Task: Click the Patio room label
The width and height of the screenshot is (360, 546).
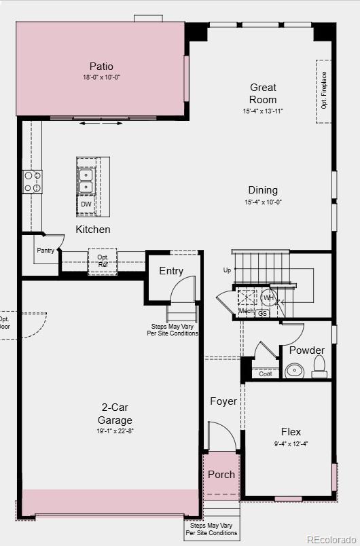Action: (x=101, y=67)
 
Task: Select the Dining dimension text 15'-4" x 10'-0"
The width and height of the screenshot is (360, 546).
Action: (x=263, y=202)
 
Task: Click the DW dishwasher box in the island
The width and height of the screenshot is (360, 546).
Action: (x=86, y=204)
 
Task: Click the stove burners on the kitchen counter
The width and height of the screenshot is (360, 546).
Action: (x=33, y=181)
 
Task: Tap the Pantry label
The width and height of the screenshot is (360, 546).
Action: (x=46, y=251)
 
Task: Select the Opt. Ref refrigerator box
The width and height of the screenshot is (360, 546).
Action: (x=103, y=261)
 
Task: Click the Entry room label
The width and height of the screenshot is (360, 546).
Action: (x=171, y=271)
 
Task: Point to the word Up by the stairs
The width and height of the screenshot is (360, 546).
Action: (x=227, y=270)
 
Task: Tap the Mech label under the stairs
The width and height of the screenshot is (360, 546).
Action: (x=245, y=311)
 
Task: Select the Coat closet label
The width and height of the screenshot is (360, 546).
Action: (x=265, y=374)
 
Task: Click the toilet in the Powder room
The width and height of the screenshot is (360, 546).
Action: (x=319, y=367)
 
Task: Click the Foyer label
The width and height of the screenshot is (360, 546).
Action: (x=223, y=401)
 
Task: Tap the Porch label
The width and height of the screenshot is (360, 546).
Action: (x=221, y=475)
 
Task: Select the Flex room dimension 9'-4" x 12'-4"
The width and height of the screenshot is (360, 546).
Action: (x=291, y=444)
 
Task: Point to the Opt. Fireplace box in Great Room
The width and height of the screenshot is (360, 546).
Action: (x=324, y=91)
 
